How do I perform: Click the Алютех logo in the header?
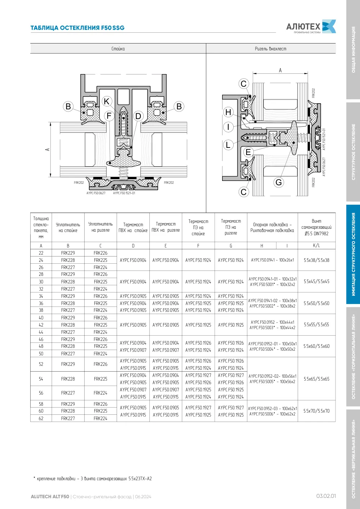[311, 26]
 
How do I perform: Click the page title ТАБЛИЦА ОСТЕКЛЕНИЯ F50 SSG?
[77, 28]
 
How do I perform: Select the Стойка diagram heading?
[118, 49]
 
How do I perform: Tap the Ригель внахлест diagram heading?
[270, 49]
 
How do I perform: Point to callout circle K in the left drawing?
[107, 101]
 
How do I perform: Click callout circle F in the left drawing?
[109, 116]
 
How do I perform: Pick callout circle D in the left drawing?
[138, 116]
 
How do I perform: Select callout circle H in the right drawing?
[228, 112]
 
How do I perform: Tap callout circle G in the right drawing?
[279, 182]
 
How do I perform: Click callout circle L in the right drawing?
[228, 145]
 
